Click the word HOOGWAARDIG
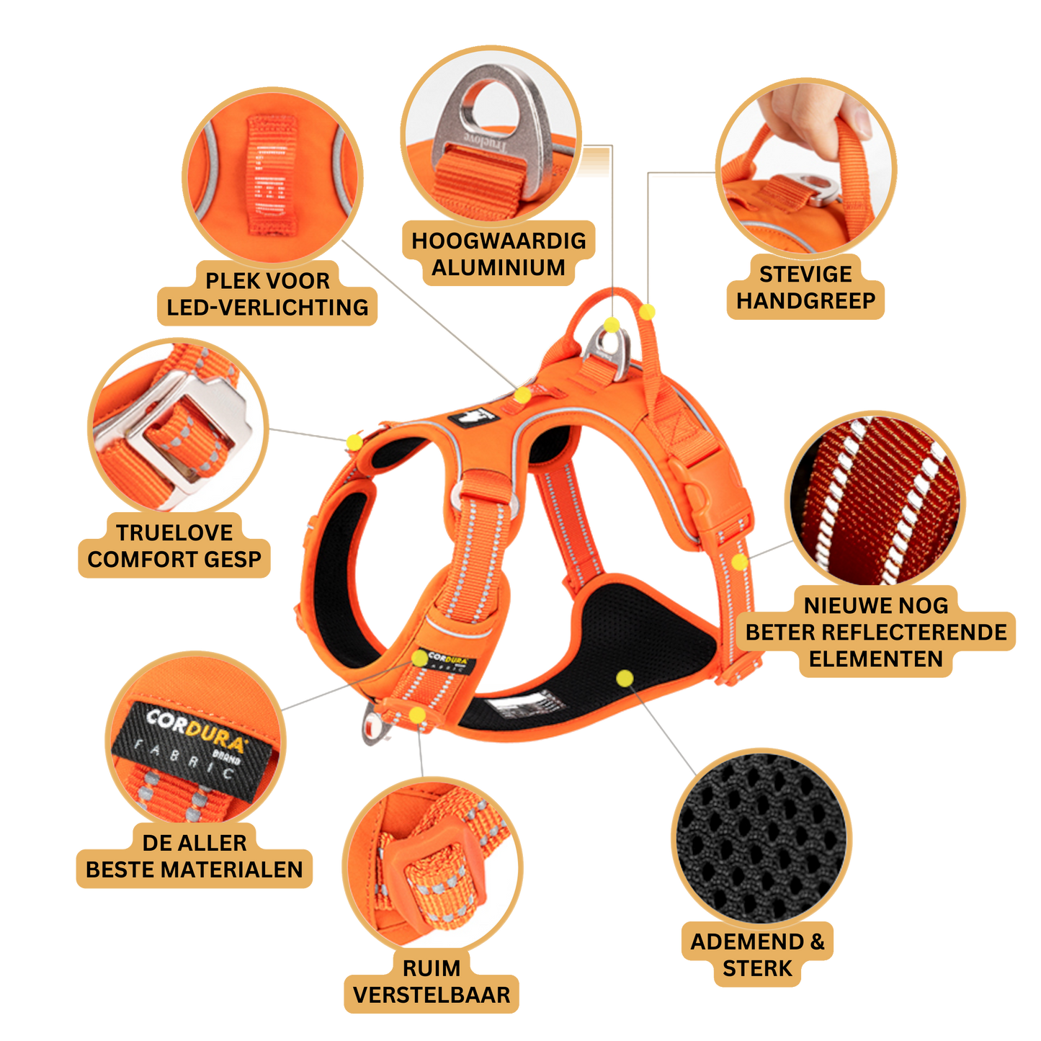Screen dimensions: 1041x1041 498,241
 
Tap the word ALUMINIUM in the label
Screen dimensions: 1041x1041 498,267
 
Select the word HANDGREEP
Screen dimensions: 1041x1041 805,301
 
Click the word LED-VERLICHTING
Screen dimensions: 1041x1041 267,308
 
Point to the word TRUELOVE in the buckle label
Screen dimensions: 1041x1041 174,532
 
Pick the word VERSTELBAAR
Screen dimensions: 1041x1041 432,995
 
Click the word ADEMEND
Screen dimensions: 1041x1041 747,942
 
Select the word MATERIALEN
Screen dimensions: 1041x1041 232,870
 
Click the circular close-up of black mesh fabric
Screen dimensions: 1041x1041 761,837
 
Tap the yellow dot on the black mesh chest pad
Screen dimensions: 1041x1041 625,679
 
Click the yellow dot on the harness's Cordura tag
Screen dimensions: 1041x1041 420,658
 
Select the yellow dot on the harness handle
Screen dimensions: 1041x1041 647,312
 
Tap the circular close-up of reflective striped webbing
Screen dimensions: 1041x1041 875,500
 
